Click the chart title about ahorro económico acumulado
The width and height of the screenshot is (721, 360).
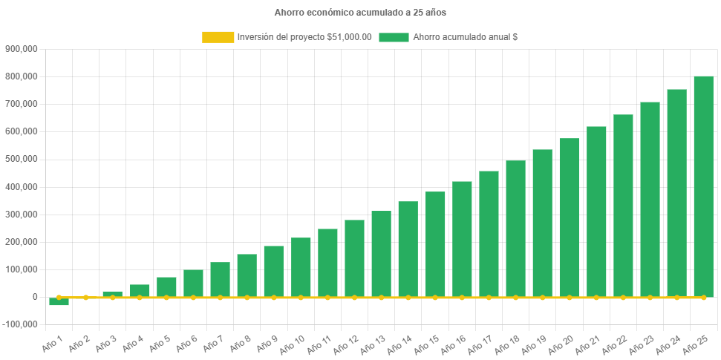[x=360, y=13]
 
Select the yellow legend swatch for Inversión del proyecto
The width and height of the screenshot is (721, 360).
[x=218, y=37]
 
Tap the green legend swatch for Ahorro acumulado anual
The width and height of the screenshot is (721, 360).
[x=394, y=37]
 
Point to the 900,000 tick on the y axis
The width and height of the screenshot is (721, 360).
[x=22, y=49]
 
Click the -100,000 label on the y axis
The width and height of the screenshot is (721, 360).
[x=20, y=324]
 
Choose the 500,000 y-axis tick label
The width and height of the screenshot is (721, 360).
[x=22, y=159]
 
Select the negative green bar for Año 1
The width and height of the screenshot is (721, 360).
[x=59, y=301]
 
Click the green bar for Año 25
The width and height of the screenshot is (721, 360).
[x=703, y=186]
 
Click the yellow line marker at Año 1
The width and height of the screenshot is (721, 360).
[x=59, y=297]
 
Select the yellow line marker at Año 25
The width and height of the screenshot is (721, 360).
[x=703, y=298]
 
